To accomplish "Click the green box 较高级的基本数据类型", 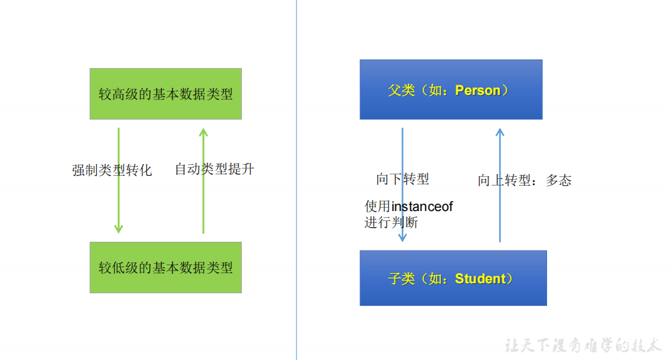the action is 166,94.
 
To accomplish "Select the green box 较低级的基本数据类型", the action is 166,267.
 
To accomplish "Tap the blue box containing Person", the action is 451,89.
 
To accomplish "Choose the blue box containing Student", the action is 453,278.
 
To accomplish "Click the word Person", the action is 478,91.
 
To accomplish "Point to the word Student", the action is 480,279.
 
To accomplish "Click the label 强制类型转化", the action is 112,170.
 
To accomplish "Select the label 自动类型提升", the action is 214,169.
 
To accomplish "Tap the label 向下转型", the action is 403,178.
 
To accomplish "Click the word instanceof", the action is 422,206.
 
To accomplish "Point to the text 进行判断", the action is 391,222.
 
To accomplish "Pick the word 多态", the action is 558,180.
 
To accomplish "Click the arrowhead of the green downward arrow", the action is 119,228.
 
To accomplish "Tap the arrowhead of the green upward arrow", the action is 203,133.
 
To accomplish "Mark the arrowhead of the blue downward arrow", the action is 403,237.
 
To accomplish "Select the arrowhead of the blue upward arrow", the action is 500,133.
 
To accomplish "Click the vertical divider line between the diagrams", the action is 297,180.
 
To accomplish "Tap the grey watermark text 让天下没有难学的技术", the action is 583,345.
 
